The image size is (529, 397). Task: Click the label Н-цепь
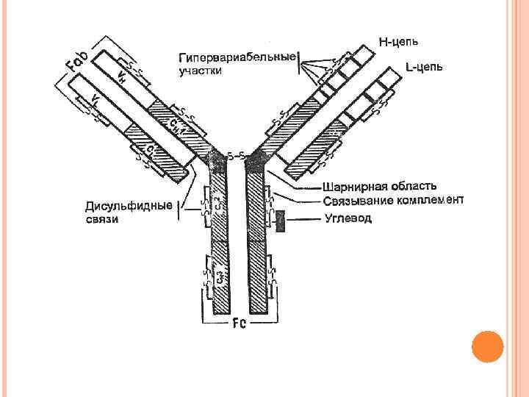[x=400, y=40]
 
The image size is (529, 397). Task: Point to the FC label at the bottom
[x=240, y=323]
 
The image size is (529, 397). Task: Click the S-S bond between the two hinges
[x=236, y=156]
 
